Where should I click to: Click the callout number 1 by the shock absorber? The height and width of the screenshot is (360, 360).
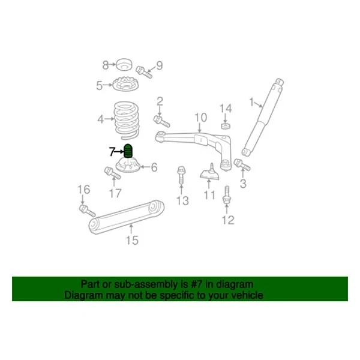pos(251,102)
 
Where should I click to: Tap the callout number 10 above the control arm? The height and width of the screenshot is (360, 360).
pos(200,117)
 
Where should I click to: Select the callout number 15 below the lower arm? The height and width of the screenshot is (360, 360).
pos(132,241)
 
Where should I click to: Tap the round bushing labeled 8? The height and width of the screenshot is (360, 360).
pos(124,65)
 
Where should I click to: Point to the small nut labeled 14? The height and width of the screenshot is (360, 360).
pos(224,125)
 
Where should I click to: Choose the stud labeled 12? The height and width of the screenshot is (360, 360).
pos(227,197)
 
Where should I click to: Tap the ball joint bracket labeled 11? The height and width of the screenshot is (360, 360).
pos(209,174)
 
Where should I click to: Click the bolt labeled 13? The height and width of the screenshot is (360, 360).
pos(181,178)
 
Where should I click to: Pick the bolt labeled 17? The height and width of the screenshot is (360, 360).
pos(111,172)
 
